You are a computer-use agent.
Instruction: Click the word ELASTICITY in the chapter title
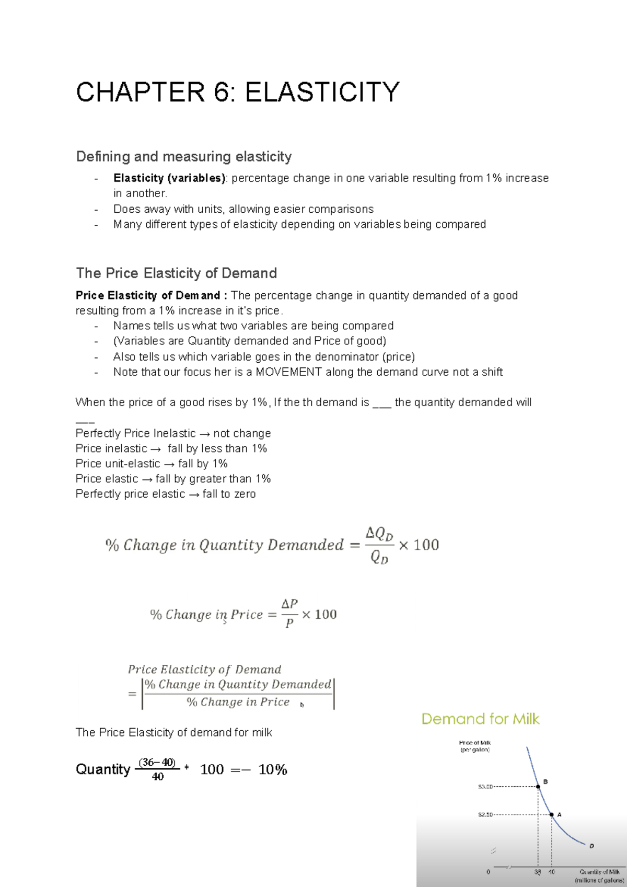click(322, 93)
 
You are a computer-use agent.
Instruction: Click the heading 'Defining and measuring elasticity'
click(184, 157)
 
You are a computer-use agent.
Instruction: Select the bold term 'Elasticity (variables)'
click(169, 178)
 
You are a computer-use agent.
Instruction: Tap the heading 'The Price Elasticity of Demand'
click(177, 273)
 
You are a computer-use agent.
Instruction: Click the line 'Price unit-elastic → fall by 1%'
click(152, 464)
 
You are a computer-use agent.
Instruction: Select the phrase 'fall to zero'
click(229, 494)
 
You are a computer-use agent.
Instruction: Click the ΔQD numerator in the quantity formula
click(379, 534)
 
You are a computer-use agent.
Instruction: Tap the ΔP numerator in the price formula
click(289, 604)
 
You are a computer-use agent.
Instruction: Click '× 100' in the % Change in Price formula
click(319, 615)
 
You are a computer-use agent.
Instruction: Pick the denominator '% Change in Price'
click(238, 702)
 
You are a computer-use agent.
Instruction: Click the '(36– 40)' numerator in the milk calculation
click(157, 762)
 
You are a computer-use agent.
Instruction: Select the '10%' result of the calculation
click(273, 769)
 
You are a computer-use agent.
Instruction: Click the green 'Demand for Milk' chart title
click(480, 719)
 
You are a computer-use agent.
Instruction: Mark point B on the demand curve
click(539, 786)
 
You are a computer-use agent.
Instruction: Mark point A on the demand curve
click(552, 814)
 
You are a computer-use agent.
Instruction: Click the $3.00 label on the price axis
click(485, 787)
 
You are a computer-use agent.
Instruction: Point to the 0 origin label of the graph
click(489, 872)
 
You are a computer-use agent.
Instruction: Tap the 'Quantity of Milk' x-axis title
click(599, 872)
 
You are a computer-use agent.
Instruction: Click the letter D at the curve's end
click(591, 846)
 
